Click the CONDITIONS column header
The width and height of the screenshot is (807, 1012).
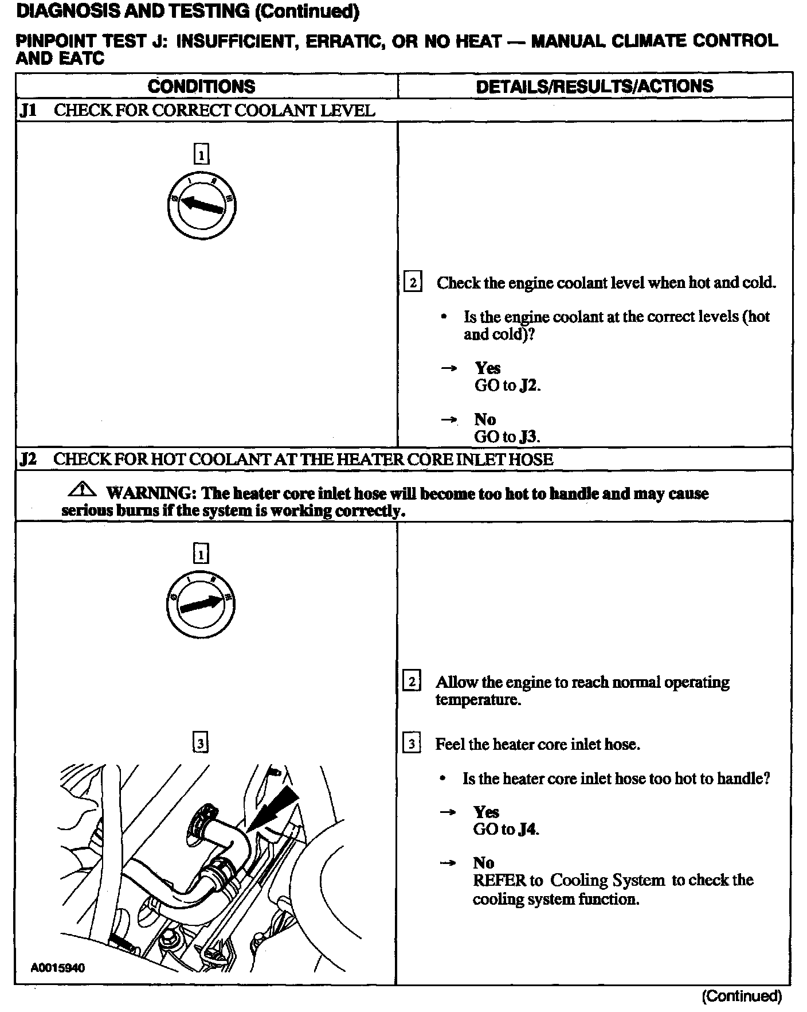[x=201, y=86]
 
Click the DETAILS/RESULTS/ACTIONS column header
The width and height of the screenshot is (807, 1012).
[x=594, y=86]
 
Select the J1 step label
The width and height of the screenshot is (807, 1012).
[x=28, y=110]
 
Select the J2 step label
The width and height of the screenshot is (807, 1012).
[x=28, y=459]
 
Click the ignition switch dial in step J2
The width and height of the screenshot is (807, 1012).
[x=201, y=605]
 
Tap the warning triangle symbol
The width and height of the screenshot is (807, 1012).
[x=82, y=491]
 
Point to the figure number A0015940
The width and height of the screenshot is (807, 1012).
[x=58, y=968]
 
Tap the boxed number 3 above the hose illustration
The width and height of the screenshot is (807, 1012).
[x=200, y=744]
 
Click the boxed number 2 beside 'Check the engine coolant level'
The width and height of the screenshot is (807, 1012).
[x=413, y=283]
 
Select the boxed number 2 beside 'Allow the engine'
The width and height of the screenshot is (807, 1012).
[x=412, y=682]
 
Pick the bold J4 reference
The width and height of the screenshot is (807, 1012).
[x=528, y=830]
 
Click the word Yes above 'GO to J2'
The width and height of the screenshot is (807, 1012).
[x=488, y=368]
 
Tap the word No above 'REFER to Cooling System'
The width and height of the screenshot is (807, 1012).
[x=484, y=863]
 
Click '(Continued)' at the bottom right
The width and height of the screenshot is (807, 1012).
[x=742, y=996]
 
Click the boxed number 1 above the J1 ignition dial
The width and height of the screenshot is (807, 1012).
[x=201, y=154]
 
